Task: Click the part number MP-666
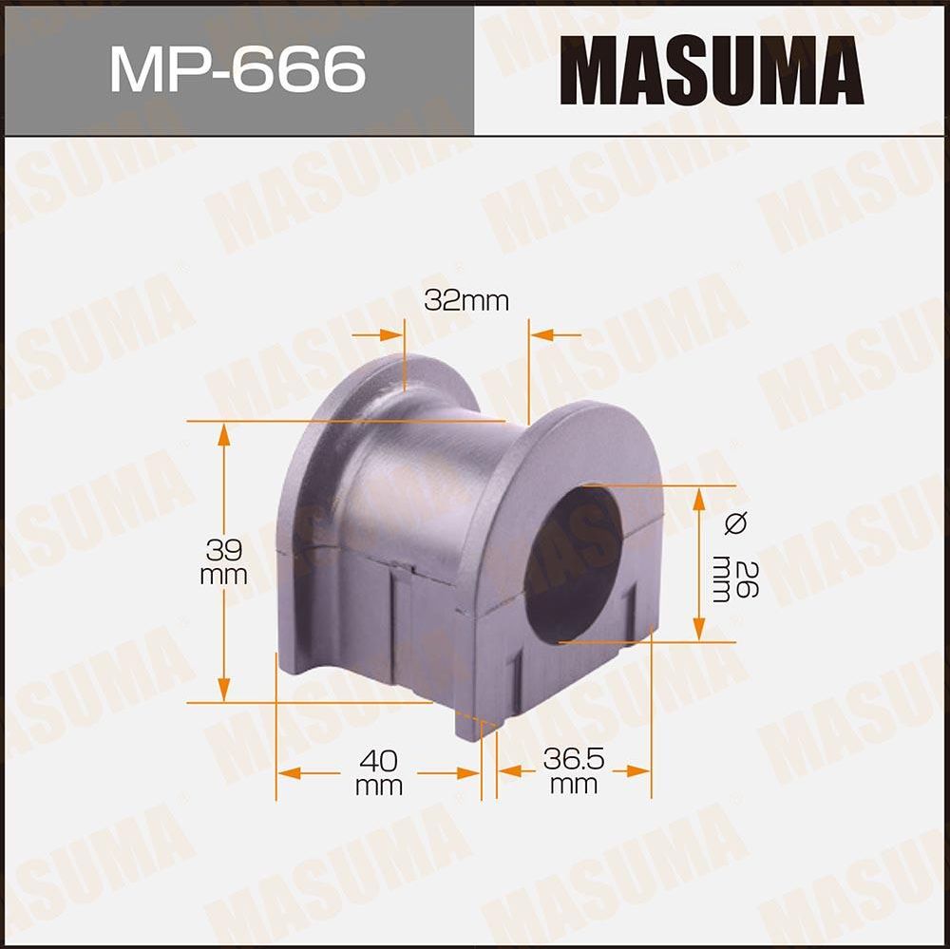point(237,67)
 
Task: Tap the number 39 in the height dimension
point(224,550)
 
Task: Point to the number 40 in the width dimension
point(378,761)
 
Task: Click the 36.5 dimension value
point(574,760)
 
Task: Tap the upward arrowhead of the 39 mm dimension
point(224,431)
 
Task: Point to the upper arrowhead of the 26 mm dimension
point(699,497)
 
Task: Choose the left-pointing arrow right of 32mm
point(541,335)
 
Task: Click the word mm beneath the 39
point(224,576)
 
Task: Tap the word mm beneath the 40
point(378,786)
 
